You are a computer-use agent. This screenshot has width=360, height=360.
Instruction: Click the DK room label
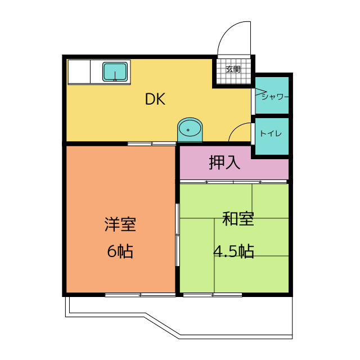[155, 100]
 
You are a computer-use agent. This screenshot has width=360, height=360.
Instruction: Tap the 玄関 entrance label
[233, 69]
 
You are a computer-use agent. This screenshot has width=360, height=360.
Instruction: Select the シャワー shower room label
[274, 96]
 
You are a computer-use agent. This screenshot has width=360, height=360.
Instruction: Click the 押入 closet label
[224, 163]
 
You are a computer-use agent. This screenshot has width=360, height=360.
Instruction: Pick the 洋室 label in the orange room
[120, 224]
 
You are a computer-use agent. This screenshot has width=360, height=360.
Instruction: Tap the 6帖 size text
[120, 251]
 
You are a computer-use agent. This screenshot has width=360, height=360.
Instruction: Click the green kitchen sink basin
[115, 72]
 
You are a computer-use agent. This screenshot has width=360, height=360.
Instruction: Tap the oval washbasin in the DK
[190, 129]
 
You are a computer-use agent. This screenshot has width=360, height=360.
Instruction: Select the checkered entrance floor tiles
[233, 76]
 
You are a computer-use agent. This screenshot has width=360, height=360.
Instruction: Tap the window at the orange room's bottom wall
[139, 295]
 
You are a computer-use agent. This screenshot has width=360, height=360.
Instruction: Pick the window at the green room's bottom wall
[212, 295]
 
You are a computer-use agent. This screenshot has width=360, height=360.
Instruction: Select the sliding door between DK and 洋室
[151, 144]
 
